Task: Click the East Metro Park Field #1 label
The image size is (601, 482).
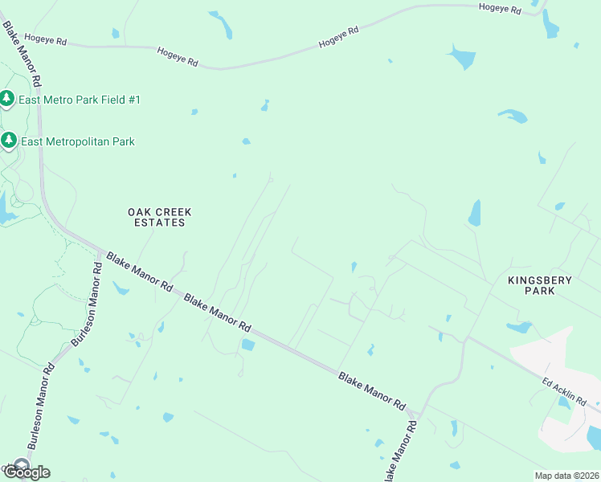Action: tap(80, 100)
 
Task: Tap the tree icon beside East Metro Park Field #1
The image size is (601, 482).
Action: tap(8, 99)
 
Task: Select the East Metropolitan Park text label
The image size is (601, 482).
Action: tap(78, 141)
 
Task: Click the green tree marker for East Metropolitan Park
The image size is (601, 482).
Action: tap(8, 141)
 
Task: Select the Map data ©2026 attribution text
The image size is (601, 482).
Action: tap(566, 476)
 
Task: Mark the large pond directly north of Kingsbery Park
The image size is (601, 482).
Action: tap(474, 213)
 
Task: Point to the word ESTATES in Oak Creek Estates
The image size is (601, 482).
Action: tap(160, 223)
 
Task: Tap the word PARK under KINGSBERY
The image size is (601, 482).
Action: tap(540, 291)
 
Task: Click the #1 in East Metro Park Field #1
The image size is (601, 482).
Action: tap(133, 100)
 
